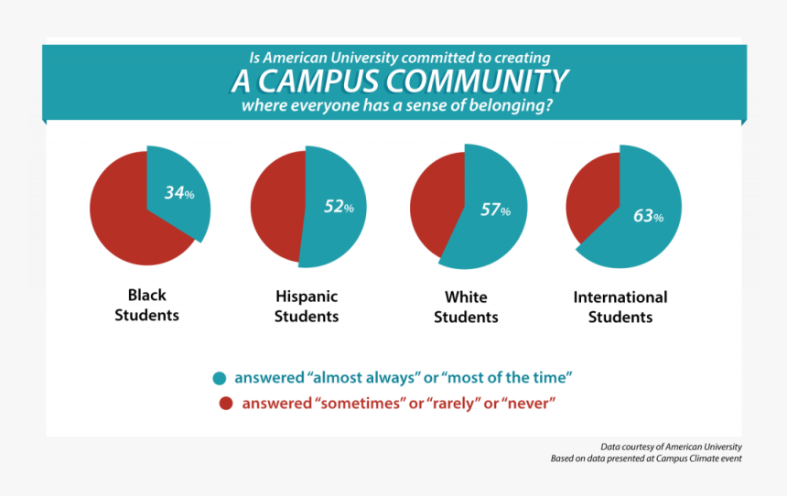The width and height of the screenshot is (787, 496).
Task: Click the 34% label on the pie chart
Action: (x=178, y=193)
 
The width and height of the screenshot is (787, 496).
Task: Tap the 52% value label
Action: (x=338, y=207)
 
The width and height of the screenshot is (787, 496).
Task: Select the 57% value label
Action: (x=495, y=210)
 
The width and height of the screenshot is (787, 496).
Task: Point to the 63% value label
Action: (x=648, y=217)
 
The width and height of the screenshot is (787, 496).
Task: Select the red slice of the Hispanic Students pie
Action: (x=276, y=207)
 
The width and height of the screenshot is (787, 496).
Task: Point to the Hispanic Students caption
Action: (x=307, y=307)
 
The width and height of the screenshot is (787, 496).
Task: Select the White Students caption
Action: (x=466, y=307)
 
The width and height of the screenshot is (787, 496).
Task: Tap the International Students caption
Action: (x=620, y=307)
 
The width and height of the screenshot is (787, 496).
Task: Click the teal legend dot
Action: (x=220, y=378)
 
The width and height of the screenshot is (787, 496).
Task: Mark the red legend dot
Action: (x=225, y=404)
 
